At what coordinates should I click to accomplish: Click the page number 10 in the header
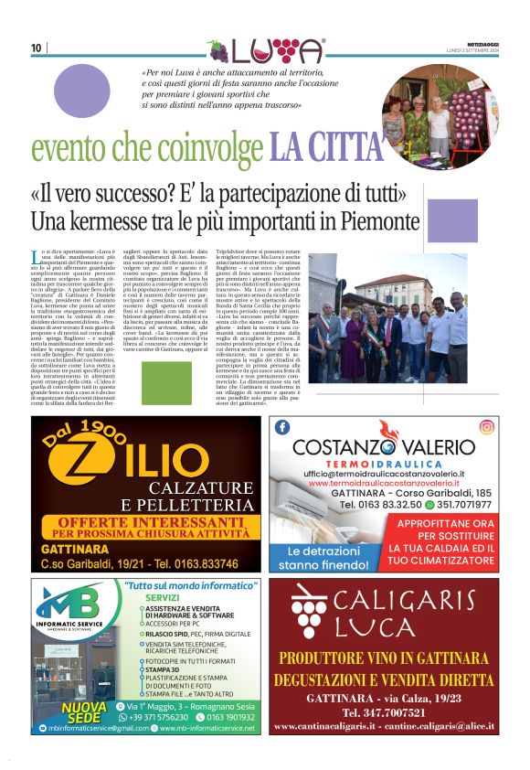[36, 48]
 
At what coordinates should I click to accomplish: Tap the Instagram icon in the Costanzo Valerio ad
[488, 426]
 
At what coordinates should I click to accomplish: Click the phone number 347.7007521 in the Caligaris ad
[384, 711]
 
